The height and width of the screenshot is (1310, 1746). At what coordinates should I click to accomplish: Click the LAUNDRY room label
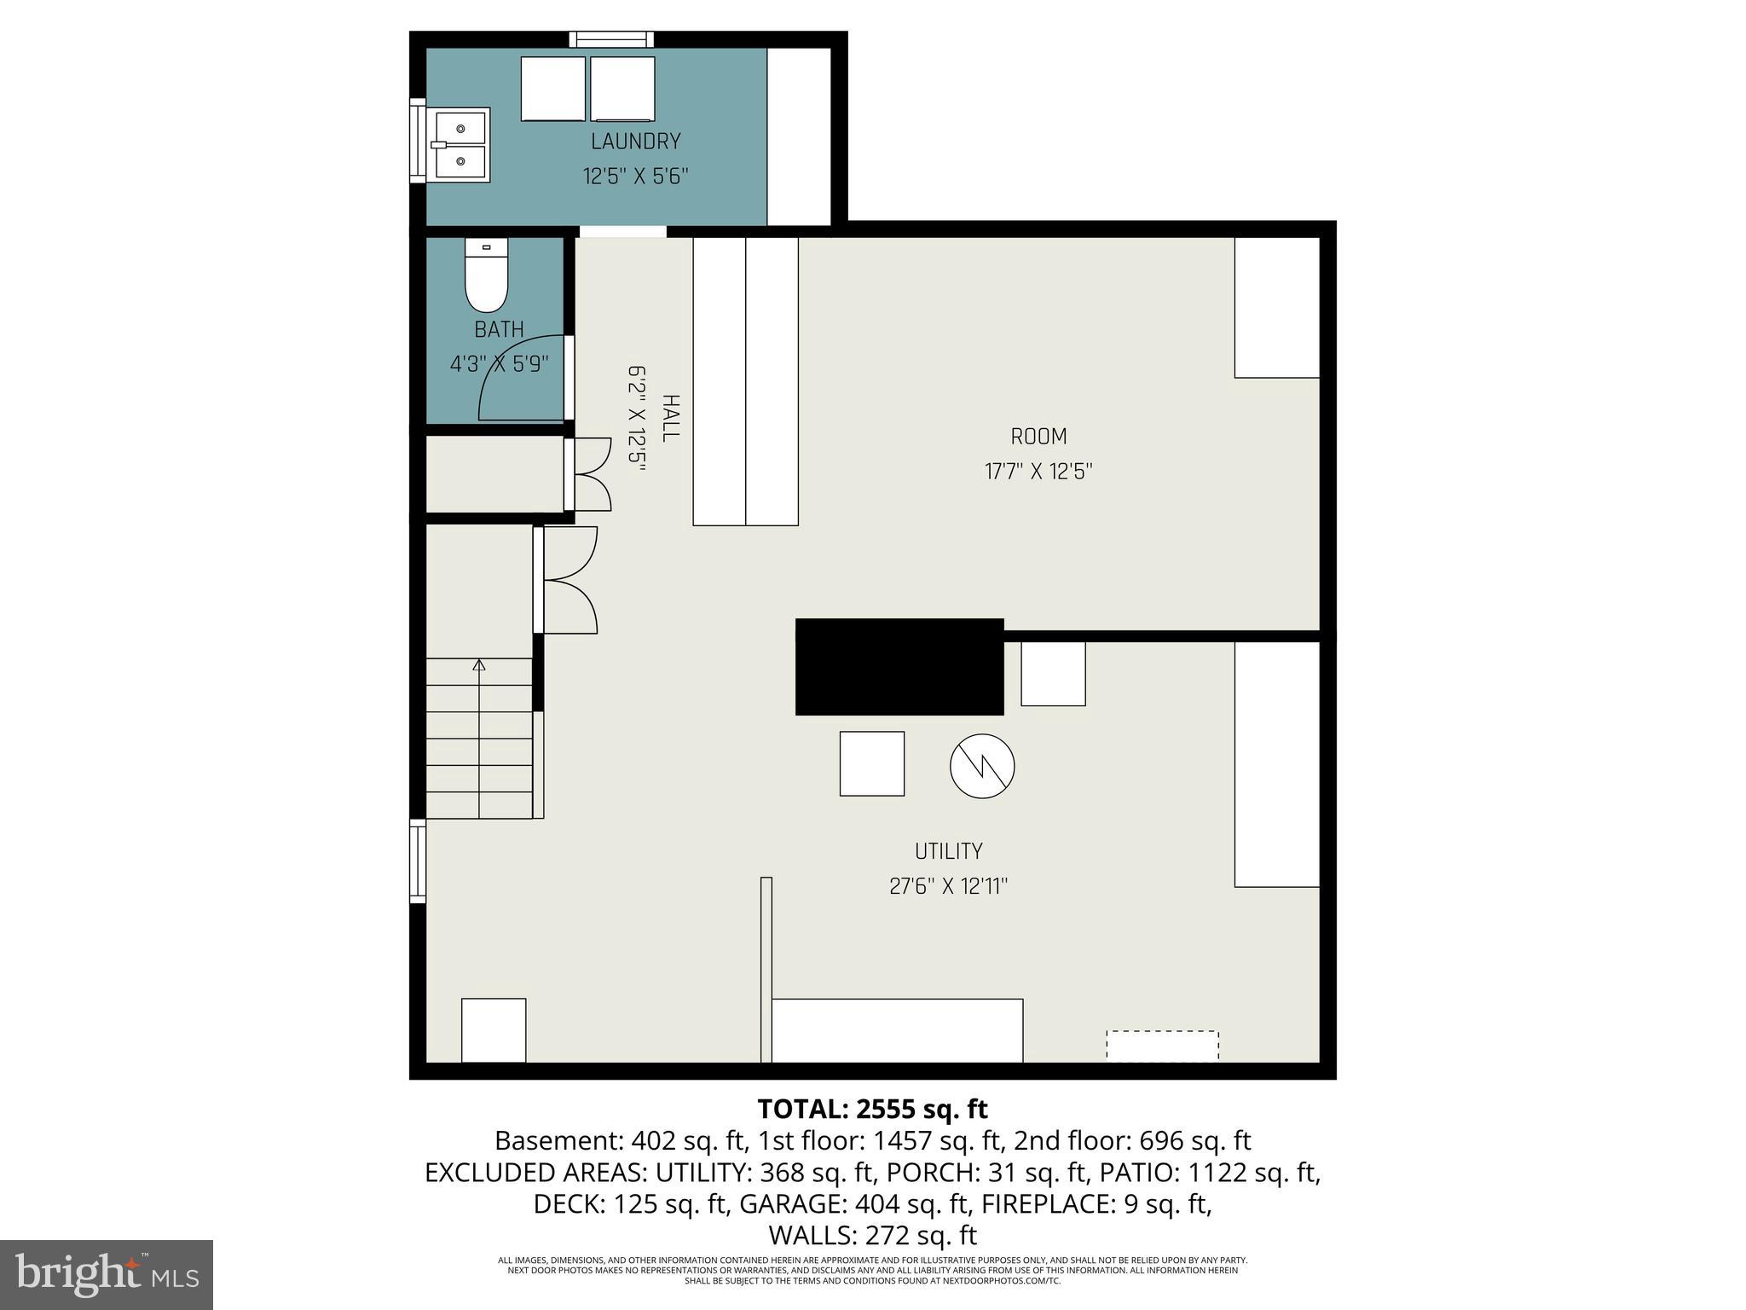(635, 142)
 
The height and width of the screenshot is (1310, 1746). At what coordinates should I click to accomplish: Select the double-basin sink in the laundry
(460, 145)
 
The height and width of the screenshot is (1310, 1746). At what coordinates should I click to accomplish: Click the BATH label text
(499, 329)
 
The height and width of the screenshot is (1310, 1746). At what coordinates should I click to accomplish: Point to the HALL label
(670, 418)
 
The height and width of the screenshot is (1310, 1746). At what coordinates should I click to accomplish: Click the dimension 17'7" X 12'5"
(1038, 472)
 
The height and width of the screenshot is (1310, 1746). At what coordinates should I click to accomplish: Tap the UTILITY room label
(948, 851)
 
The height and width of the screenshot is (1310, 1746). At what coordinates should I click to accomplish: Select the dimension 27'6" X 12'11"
(948, 887)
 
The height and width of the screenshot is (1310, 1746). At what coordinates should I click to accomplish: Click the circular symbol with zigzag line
(982, 765)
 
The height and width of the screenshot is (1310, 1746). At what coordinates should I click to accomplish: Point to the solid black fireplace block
(899, 666)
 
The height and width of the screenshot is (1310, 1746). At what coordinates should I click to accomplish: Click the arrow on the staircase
(479, 664)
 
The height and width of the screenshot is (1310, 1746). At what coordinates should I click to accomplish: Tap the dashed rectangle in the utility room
(1162, 1046)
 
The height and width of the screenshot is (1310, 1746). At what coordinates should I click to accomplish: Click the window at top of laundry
(611, 39)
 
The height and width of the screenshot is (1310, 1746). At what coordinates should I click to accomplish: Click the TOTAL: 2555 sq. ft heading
(872, 1109)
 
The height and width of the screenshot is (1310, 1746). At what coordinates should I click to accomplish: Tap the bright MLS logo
(107, 1274)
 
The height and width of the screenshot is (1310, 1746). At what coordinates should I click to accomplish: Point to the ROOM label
(1038, 437)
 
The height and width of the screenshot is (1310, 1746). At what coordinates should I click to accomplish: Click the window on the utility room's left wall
(418, 861)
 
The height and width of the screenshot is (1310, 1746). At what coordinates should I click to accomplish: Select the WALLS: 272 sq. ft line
(872, 1235)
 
